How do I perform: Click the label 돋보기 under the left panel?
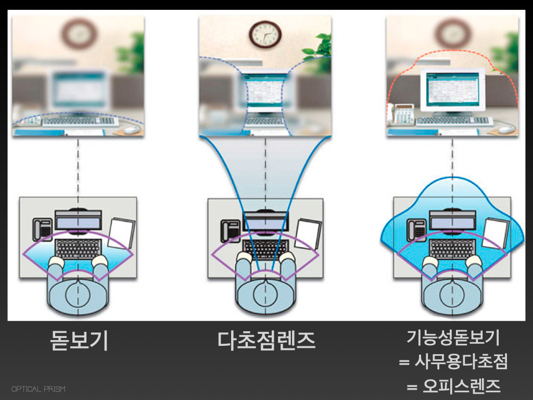79,341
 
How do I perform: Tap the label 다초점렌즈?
266,341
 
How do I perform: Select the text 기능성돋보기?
452,339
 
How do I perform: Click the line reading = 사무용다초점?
452,362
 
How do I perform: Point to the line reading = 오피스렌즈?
452,386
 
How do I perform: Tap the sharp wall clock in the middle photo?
265,34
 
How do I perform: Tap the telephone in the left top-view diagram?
42,230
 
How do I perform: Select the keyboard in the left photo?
78,121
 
